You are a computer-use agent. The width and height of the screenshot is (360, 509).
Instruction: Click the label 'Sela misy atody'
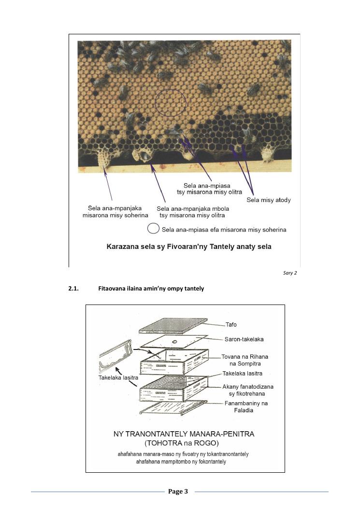coord(269,200)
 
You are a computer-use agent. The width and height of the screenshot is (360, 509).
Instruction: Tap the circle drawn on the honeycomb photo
coord(171,102)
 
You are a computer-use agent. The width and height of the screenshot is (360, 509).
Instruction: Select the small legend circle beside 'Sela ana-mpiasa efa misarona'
coord(154,229)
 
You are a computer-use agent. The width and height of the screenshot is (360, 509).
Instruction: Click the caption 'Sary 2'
coord(290,273)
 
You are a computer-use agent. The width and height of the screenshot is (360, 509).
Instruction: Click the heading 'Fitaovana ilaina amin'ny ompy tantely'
coord(151,289)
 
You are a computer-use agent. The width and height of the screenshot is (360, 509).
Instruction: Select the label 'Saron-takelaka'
coord(244,339)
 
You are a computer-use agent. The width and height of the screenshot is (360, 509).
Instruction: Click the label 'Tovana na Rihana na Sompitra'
coord(245,360)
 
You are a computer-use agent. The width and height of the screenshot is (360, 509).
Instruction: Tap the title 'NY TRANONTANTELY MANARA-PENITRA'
coord(184,434)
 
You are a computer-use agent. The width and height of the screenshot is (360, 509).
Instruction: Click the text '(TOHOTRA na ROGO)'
coord(184,443)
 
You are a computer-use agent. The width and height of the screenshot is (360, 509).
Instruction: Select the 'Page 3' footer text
coord(178,492)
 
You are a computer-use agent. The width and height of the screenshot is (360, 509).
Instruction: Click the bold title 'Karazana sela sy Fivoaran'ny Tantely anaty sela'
coord(189,247)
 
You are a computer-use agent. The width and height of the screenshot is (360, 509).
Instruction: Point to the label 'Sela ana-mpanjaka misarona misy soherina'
coord(115,212)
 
